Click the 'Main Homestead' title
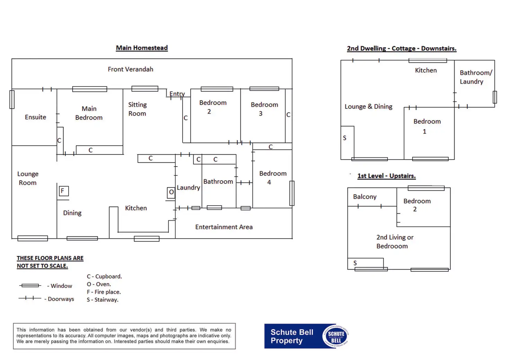(x=142, y=48)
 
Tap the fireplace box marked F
(x=63, y=191)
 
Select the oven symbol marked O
(x=171, y=192)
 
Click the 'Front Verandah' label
(x=130, y=69)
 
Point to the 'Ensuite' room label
(x=35, y=117)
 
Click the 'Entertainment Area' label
(x=224, y=227)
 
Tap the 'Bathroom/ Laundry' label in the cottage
(x=475, y=77)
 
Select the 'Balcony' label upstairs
(x=364, y=197)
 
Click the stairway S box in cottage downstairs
(x=347, y=142)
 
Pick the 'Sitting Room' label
(x=137, y=109)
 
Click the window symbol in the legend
(x=30, y=286)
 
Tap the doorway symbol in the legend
(x=30, y=298)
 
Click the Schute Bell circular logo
(x=335, y=336)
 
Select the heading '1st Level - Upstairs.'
(x=386, y=176)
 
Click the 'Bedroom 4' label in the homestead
(x=273, y=178)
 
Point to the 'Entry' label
(x=177, y=94)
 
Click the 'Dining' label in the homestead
(x=72, y=213)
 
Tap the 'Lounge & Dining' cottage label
(x=368, y=107)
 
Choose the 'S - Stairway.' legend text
(x=103, y=300)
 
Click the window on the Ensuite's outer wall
(x=12, y=99)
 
